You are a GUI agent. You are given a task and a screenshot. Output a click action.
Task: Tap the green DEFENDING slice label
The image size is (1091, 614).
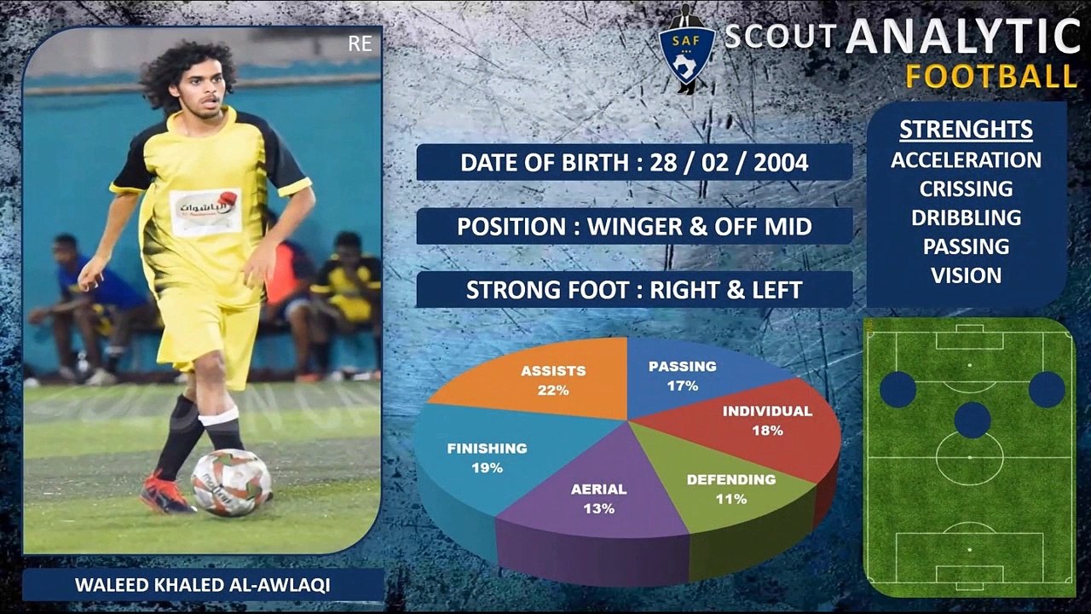pos(731,480)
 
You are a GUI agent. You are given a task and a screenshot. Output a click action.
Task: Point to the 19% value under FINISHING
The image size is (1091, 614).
pos(487,468)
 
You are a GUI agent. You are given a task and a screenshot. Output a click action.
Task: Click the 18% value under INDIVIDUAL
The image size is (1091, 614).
pos(768,431)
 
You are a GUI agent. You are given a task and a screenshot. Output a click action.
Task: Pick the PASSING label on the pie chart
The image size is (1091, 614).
pos(683,367)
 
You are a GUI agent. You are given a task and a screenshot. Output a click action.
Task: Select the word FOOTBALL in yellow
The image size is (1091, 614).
pos(990,77)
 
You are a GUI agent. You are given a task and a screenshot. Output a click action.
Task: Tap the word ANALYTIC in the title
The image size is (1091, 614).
pos(963,36)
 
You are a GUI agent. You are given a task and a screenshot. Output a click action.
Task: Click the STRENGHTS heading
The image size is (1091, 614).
pos(966,130)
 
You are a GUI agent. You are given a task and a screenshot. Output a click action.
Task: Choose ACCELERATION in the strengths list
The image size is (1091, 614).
pos(966,160)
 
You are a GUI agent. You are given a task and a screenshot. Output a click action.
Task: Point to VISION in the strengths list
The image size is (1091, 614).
pos(967,275)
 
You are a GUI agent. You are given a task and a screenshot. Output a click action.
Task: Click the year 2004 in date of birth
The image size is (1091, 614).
pos(781,163)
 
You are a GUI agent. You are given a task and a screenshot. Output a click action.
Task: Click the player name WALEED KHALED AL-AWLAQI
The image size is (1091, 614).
pos(203,585)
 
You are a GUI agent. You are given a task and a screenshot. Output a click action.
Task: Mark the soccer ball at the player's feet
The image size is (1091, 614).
pos(231,483)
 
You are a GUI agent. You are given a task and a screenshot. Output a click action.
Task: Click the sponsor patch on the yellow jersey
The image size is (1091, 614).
pos(205,212)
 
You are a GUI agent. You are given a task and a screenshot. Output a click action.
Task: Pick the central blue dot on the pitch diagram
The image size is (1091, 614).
pos(973,420)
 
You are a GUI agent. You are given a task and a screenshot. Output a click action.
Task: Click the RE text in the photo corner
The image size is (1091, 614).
pos(360,43)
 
